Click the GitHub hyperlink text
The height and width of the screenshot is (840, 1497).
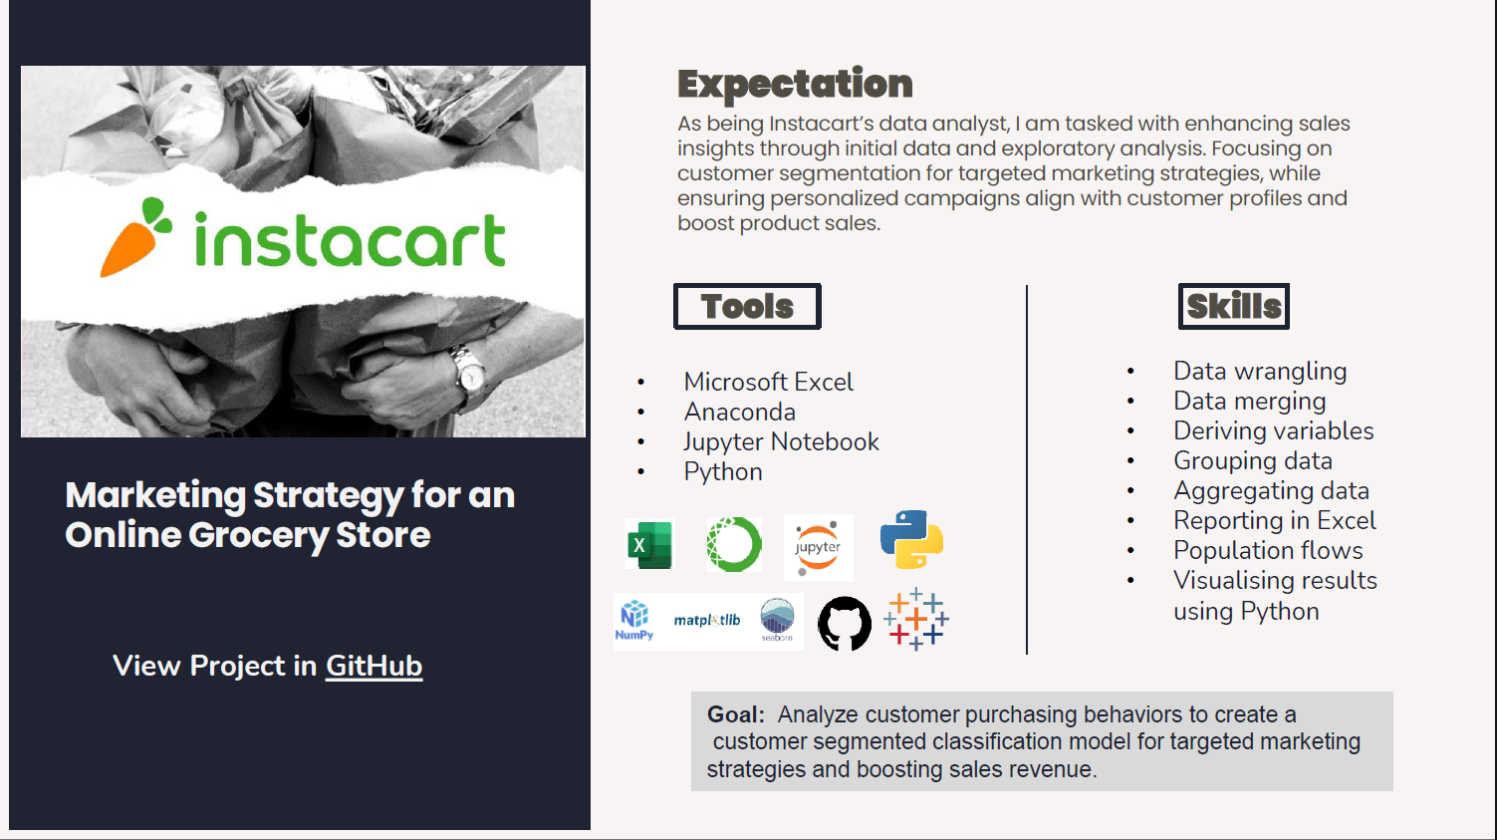click(374, 666)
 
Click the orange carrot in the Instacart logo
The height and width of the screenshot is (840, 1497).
click(131, 241)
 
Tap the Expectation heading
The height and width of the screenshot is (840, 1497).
click(795, 84)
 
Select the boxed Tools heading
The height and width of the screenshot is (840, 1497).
click(747, 306)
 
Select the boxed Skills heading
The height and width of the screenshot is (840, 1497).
click(1233, 306)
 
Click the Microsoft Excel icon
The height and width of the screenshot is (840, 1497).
click(649, 544)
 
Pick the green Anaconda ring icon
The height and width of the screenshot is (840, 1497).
click(734, 544)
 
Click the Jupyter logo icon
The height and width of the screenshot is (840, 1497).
click(818, 546)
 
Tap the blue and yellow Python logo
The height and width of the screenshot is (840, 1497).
click(911, 539)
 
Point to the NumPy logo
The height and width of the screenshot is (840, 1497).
click(634, 620)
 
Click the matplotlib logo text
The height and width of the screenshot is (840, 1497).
click(707, 620)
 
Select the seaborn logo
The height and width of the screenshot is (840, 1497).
click(777, 619)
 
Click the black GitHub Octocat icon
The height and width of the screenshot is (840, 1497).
click(845, 624)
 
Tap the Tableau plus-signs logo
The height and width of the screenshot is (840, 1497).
click(915, 619)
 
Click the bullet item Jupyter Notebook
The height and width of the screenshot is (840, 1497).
click(781, 441)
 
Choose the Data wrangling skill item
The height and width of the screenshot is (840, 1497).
click(1260, 371)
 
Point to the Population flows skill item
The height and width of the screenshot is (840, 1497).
click(1268, 550)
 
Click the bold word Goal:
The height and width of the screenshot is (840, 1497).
click(735, 714)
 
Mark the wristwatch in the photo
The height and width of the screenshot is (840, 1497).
click(467, 370)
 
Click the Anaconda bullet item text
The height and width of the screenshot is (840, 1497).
click(739, 412)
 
